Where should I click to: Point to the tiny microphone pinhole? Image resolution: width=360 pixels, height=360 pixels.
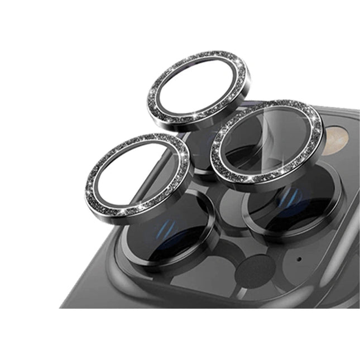[x=300, y=259]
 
